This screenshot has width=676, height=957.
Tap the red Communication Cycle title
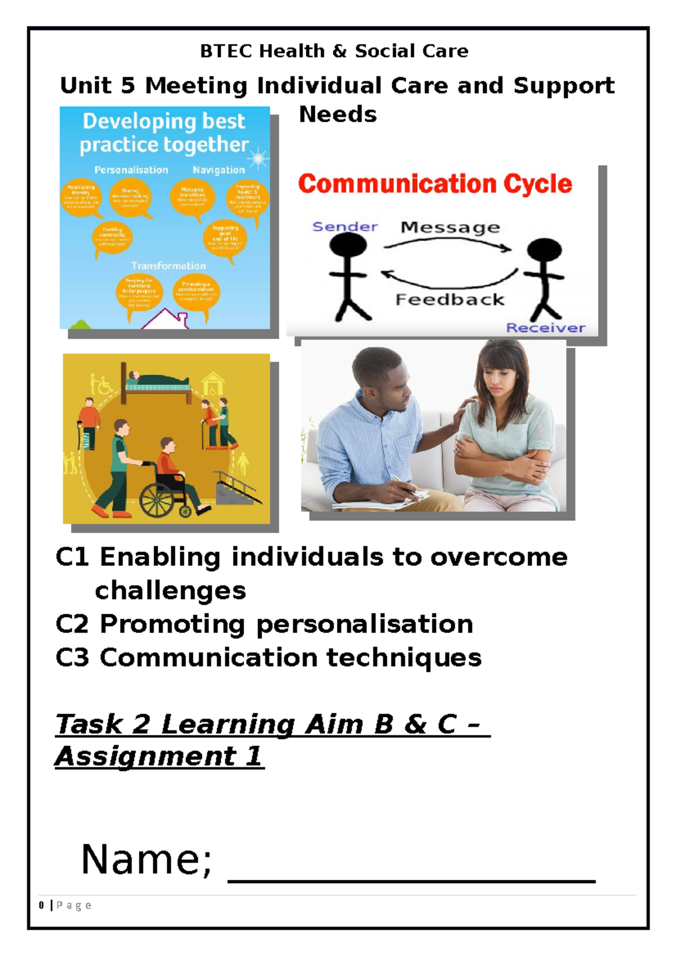pyautogui.click(x=435, y=184)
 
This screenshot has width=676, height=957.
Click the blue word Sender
pyautogui.click(x=345, y=227)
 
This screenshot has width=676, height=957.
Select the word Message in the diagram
pyautogui.click(x=450, y=227)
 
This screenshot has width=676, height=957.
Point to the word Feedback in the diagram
pyautogui.click(x=450, y=299)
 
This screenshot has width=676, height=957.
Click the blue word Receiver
pyautogui.click(x=545, y=327)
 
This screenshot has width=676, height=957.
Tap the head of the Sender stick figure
pyautogui.click(x=348, y=245)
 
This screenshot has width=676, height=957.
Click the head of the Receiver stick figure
pyautogui.click(x=544, y=250)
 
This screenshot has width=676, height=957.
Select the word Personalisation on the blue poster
pyautogui.click(x=131, y=170)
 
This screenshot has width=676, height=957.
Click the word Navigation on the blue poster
pyautogui.click(x=219, y=170)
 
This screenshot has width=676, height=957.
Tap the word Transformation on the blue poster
pyautogui.click(x=168, y=265)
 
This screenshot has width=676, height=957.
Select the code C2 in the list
pyautogui.click(x=72, y=624)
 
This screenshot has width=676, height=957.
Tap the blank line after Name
pyautogui.click(x=411, y=880)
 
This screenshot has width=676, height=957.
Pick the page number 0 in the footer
pyautogui.click(x=41, y=905)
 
